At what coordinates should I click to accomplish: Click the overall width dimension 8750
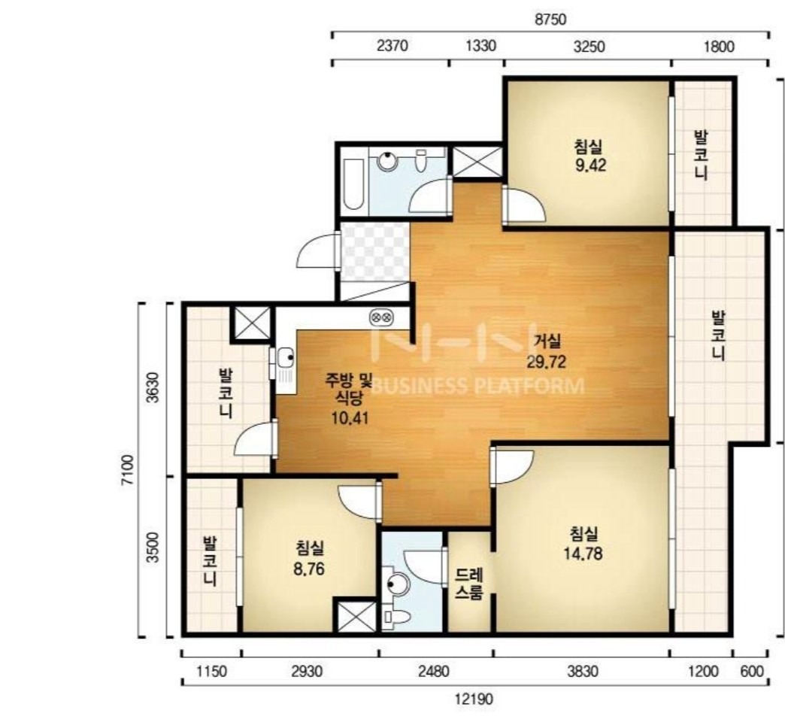[550, 20]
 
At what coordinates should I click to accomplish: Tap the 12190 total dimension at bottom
[474, 699]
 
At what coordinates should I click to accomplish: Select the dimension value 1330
[480, 46]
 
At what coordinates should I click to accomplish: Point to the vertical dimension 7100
[128, 469]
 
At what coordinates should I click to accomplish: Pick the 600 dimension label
[752, 672]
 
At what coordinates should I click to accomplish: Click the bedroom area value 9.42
[591, 165]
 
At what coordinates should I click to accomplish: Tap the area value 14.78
[583, 554]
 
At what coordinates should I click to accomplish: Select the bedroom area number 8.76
[309, 569]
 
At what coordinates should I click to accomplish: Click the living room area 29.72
[546, 362]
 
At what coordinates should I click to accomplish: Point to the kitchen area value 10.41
[350, 417]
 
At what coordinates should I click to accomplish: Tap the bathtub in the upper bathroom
[353, 185]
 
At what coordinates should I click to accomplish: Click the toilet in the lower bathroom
[396, 617]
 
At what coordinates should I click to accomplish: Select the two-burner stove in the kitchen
[381, 317]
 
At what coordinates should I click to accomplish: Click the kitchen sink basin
[286, 357]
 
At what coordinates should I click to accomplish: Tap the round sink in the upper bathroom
[387, 161]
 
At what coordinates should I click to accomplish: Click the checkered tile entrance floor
[374, 252]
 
